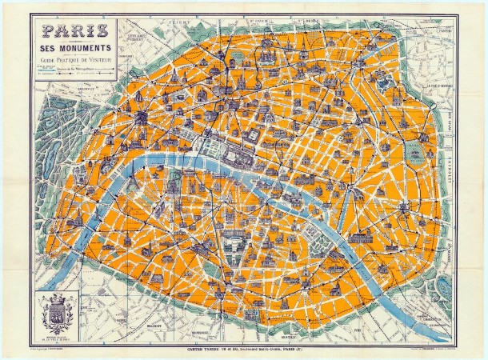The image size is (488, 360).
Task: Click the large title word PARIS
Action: tap(76, 34)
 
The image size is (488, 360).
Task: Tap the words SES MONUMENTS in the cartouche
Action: tap(75, 52)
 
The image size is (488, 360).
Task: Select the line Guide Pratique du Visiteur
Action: tap(75, 62)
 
